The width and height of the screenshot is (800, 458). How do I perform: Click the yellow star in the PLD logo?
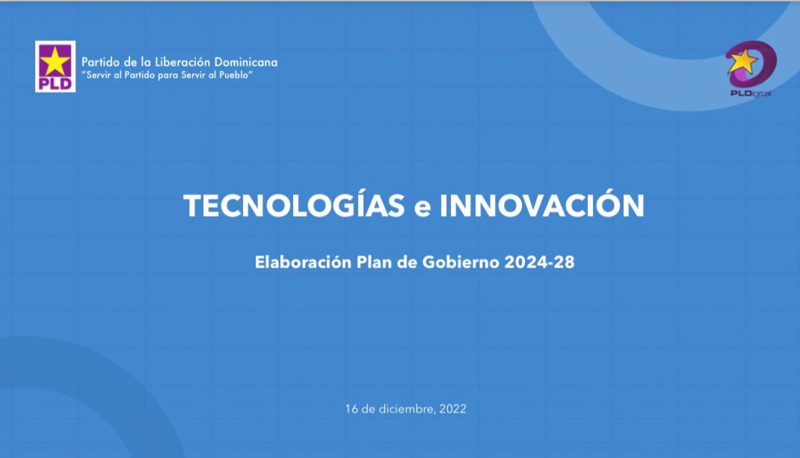[x=55, y=59]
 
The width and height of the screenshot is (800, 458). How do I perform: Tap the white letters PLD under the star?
[x=55, y=82]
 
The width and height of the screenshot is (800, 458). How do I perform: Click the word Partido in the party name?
[x=100, y=62]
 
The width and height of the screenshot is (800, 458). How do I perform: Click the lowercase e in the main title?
[x=423, y=208]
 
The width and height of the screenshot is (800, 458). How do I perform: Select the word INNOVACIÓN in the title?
[x=542, y=205]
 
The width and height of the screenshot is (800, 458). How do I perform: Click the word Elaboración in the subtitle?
[x=303, y=262]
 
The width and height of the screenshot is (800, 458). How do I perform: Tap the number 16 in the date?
[x=351, y=409]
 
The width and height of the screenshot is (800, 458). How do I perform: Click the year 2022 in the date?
[x=453, y=409]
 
